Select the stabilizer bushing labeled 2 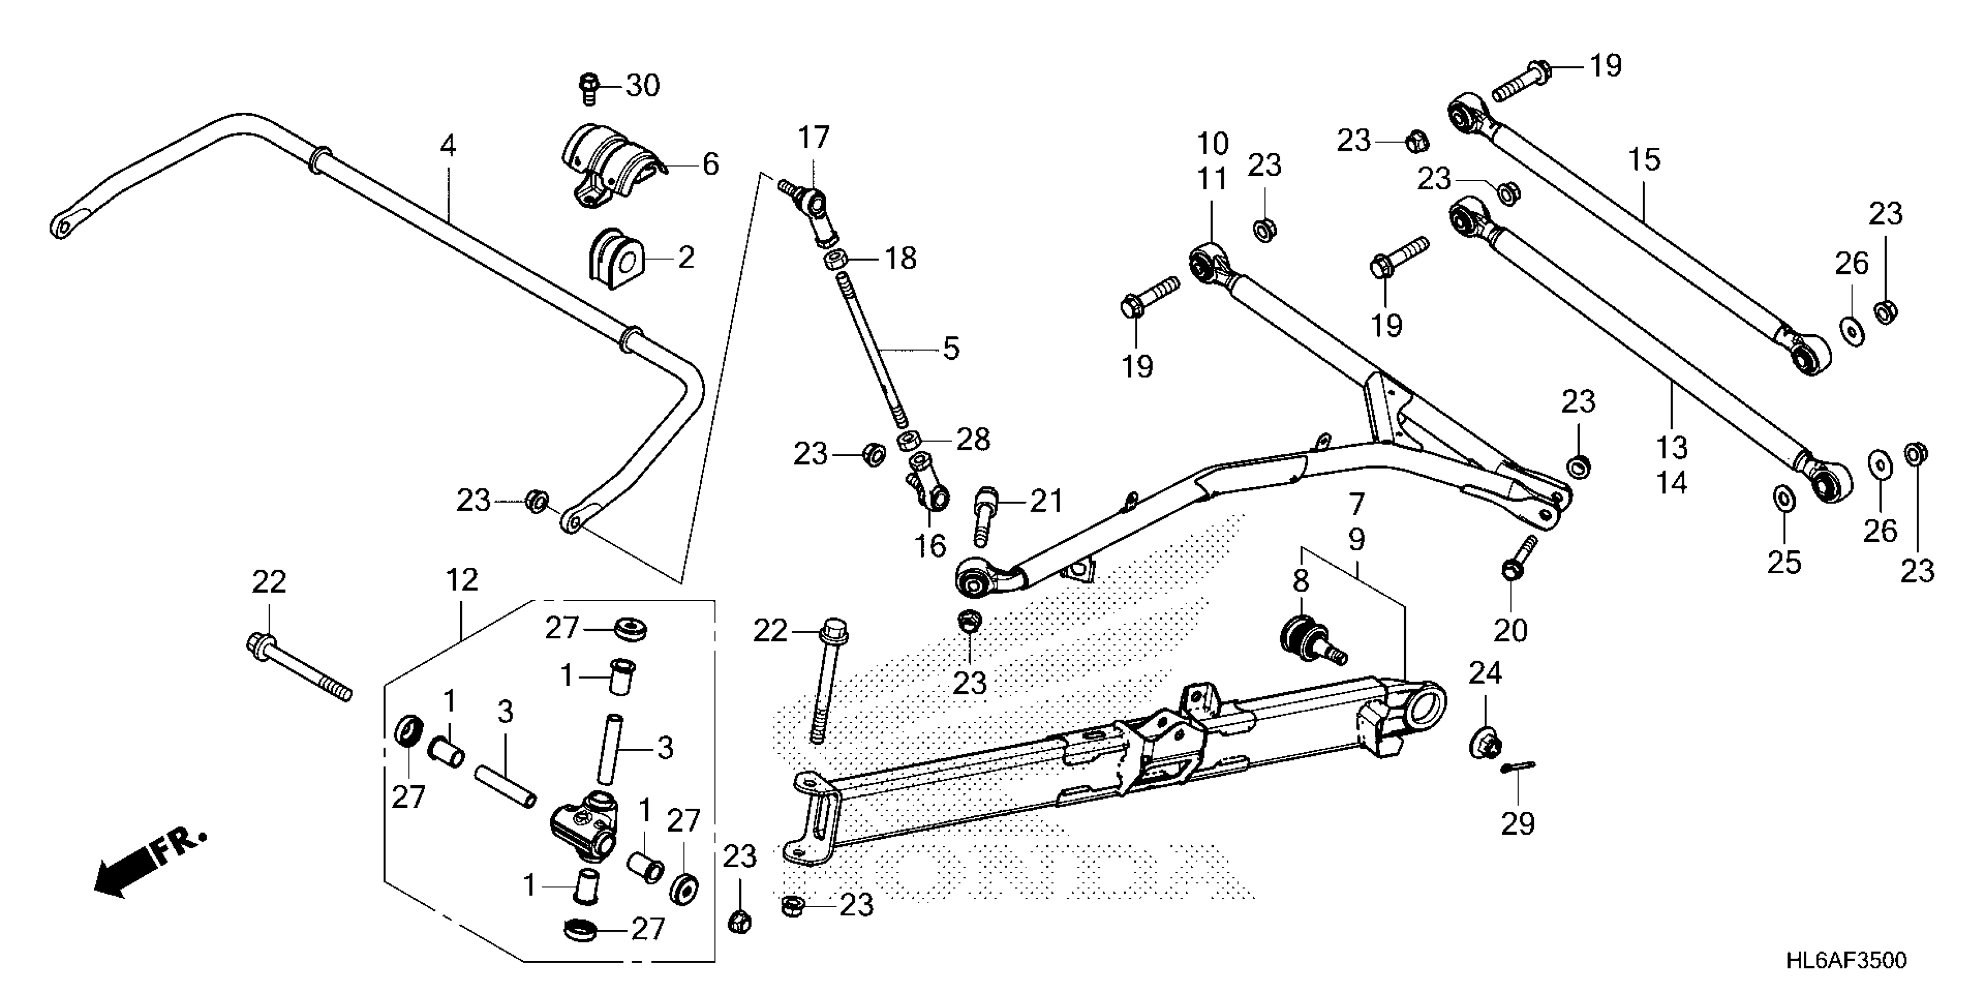(x=614, y=258)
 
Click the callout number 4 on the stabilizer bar (x=448, y=145)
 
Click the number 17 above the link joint (x=813, y=137)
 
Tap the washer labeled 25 (x=1783, y=499)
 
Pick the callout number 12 (x=462, y=580)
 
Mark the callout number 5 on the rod (x=951, y=349)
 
